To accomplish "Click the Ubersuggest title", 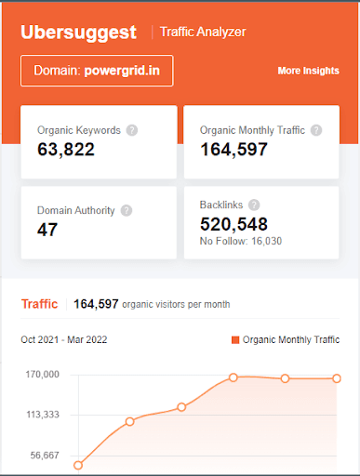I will point(79,32).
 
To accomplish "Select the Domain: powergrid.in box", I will point(97,71).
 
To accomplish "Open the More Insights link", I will point(308,71).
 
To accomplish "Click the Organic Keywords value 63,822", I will point(66,149).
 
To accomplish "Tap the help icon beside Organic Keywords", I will point(131,130).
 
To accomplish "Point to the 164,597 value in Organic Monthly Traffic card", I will point(234,149).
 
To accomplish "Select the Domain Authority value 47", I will point(47,229).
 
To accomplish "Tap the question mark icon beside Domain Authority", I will point(127,210).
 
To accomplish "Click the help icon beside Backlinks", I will point(254,205).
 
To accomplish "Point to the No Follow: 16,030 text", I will point(241,241).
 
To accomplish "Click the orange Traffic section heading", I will point(39,304).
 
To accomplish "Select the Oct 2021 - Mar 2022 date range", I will point(64,340).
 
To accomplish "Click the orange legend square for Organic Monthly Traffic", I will point(235,340).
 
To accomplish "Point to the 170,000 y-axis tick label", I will point(41,375).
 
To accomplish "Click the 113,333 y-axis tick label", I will point(41,415).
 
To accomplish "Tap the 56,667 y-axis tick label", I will point(44,456).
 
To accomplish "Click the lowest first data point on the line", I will point(78,465).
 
